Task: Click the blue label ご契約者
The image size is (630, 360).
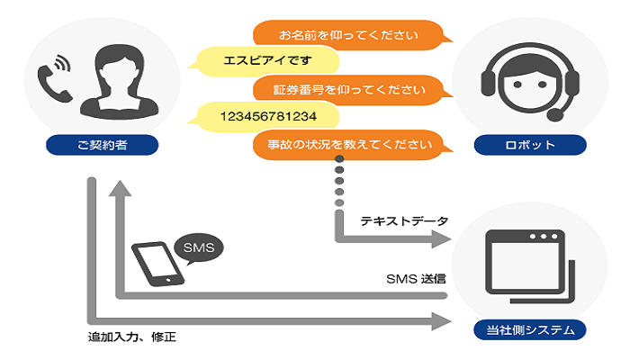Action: (102, 144)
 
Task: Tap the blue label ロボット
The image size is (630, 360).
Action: (530, 144)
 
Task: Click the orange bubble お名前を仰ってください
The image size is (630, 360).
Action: (348, 36)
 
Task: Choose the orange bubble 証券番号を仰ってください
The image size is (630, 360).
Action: (348, 89)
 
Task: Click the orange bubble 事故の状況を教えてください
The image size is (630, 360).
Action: (348, 143)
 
